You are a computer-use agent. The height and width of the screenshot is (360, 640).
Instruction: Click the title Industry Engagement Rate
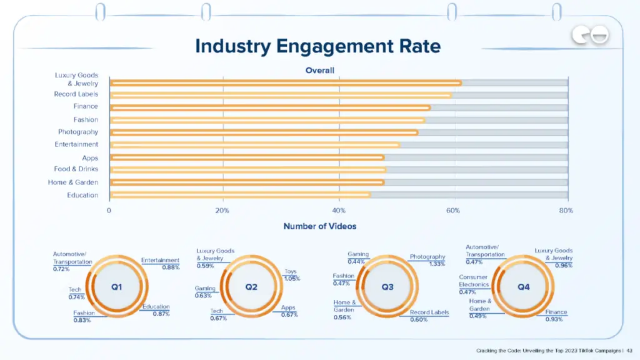coord(317,46)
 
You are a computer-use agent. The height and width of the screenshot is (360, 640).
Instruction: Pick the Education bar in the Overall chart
coord(240,195)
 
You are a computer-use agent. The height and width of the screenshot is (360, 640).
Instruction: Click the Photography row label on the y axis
coord(78,132)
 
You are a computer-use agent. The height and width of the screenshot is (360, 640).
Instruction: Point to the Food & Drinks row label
coord(76,169)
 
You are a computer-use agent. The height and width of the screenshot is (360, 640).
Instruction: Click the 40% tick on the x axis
coord(338,211)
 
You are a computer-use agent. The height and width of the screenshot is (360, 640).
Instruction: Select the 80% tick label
coord(566,211)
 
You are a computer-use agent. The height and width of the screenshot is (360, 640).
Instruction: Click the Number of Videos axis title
coord(319,226)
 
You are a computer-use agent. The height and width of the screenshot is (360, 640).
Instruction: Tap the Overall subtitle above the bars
coord(319,70)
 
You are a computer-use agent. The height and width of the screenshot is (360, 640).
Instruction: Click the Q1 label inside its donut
coord(117,287)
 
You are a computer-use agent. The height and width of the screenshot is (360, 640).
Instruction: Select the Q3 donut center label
coord(387,287)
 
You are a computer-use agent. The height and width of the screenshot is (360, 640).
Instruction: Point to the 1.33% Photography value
coord(437,264)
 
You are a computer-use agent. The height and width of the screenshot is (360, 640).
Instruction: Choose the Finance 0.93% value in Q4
coord(554,319)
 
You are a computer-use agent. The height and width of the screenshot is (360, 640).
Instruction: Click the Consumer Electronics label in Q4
coord(474,281)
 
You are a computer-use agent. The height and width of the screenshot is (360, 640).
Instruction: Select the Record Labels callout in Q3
coord(429,312)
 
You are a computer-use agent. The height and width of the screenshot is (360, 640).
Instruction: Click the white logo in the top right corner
coord(590,37)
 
